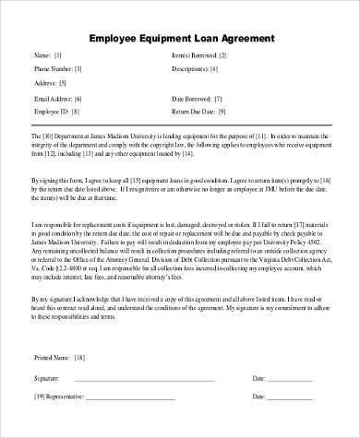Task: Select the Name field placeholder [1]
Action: [59, 54]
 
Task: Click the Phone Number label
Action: [53, 68]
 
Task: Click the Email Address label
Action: [53, 97]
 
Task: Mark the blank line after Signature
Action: [148, 380]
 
